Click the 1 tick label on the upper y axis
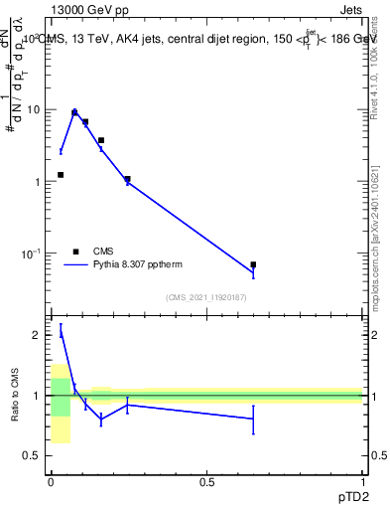point(38,182)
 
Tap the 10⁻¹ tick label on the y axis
point(32,254)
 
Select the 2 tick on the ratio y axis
point(38,335)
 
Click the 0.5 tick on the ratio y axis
point(33,455)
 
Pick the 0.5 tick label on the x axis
point(206,480)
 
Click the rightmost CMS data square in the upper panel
point(253,264)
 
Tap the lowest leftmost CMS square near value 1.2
point(61,175)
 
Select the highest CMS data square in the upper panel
point(74,113)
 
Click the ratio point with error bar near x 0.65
point(253,419)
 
